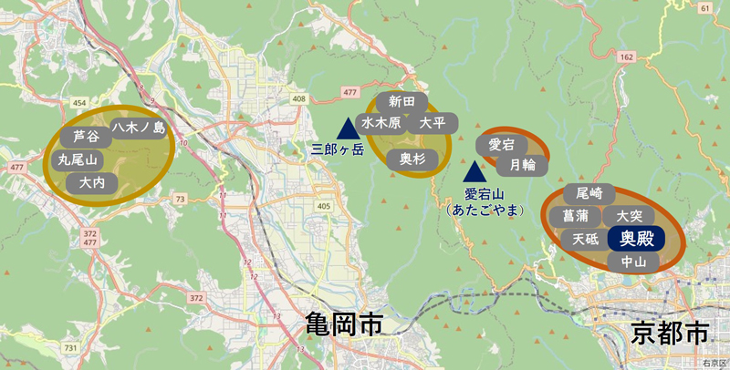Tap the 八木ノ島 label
point(139,128)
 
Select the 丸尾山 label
point(78,159)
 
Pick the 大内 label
point(92,183)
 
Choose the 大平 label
point(432,122)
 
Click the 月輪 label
point(523,165)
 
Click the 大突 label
point(630,217)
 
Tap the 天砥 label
point(585,240)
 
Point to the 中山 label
point(633,262)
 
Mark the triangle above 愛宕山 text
point(474,170)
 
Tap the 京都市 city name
point(669,333)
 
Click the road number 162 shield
point(625,57)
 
